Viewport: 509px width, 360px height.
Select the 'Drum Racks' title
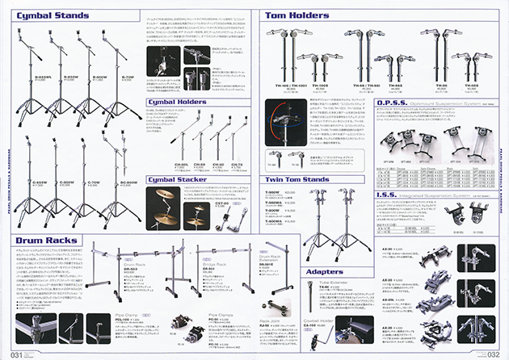tap(46, 240)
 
